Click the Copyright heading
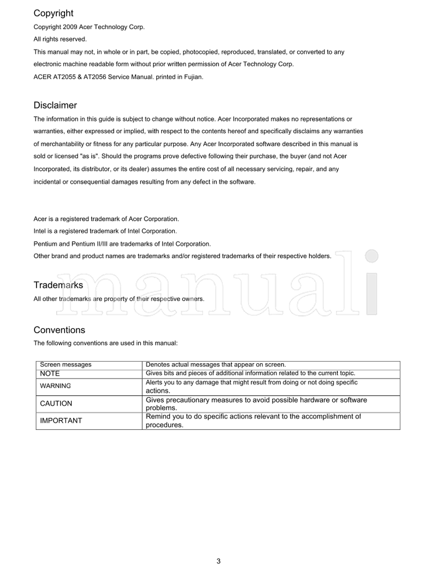pos(54,13)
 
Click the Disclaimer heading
pos(55,105)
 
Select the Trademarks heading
pos(58,285)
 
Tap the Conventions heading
pos(60,330)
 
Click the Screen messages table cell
pos(66,364)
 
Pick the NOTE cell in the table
pos(50,374)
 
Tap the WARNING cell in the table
pos(56,386)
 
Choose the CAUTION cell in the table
pos(56,404)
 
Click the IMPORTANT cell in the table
pos(61,420)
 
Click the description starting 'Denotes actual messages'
pos(216,364)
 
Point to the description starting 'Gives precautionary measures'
pos(256,404)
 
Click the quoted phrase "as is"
pos(87,156)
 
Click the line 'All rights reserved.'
pos(60,39)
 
